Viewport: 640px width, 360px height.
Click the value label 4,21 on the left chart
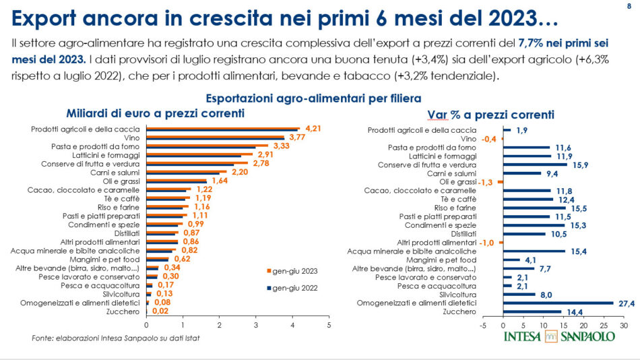point(312,127)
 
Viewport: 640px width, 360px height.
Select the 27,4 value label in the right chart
point(627,303)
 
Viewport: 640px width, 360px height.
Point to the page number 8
point(628,6)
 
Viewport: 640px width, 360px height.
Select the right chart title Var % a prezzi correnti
point(490,114)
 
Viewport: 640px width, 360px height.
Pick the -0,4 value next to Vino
point(489,138)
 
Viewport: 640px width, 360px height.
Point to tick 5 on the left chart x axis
point(329,326)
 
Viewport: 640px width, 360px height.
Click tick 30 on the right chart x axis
point(624,325)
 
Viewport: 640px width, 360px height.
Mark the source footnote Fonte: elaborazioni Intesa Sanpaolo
point(111,338)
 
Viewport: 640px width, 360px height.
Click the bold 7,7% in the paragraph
point(532,43)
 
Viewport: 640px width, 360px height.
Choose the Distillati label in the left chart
point(123,233)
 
